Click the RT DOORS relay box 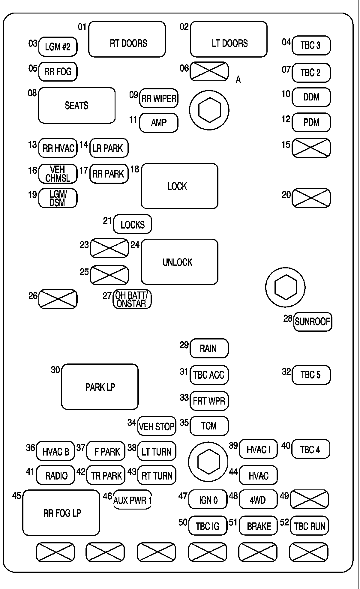tap(127, 39)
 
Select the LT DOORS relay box tap(229, 39)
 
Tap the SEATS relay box tap(77, 105)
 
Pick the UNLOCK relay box tap(180, 262)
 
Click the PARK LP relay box tap(100, 387)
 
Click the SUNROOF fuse tap(313, 321)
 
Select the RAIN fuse tap(209, 348)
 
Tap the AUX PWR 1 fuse tap(132, 500)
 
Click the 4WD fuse tap(258, 500)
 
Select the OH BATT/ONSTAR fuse tap(132, 299)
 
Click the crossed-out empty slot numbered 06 tap(209, 71)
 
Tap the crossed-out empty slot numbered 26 tap(58, 299)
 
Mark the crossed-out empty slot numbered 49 tap(310, 500)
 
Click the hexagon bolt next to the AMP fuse tap(209, 110)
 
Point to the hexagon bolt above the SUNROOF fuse tap(285, 287)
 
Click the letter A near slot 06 tap(238, 80)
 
